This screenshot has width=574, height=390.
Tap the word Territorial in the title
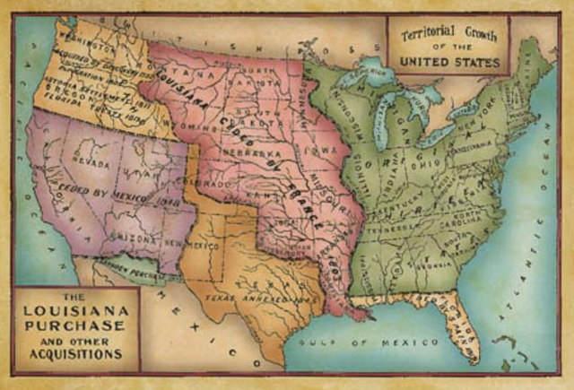pos(422,29)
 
